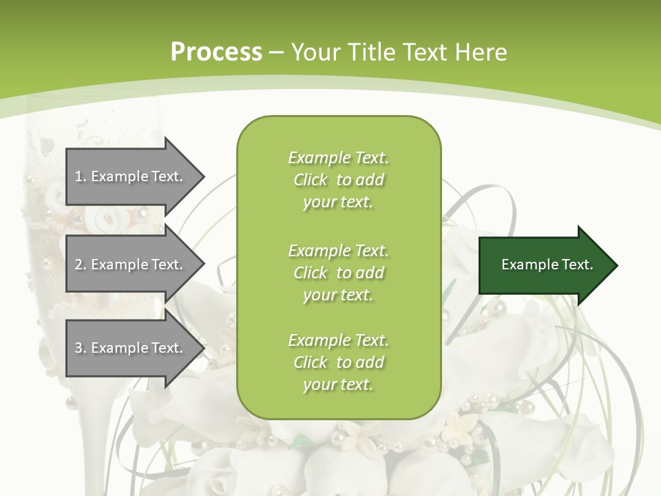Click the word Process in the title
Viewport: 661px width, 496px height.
coord(216,52)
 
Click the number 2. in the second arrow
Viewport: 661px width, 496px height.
coord(81,265)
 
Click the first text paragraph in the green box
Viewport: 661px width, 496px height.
coord(338,180)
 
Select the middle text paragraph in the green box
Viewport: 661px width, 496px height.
coord(338,272)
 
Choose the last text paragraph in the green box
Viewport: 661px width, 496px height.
coord(338,362)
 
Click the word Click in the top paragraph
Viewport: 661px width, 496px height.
coord(311,180)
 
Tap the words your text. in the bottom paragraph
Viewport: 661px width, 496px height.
coord(338,384)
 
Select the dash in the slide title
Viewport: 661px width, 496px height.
coord(277,52)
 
